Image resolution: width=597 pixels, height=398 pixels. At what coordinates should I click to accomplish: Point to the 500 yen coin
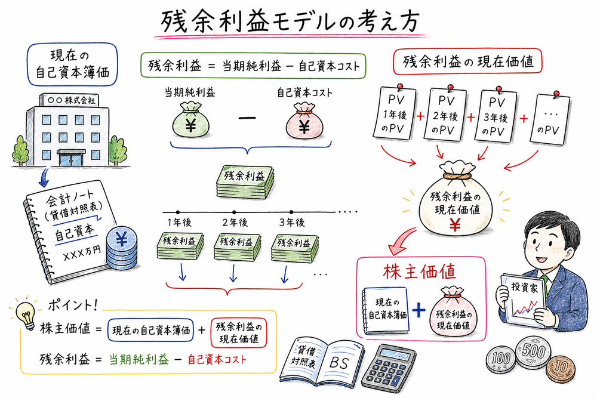(533, 350)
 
